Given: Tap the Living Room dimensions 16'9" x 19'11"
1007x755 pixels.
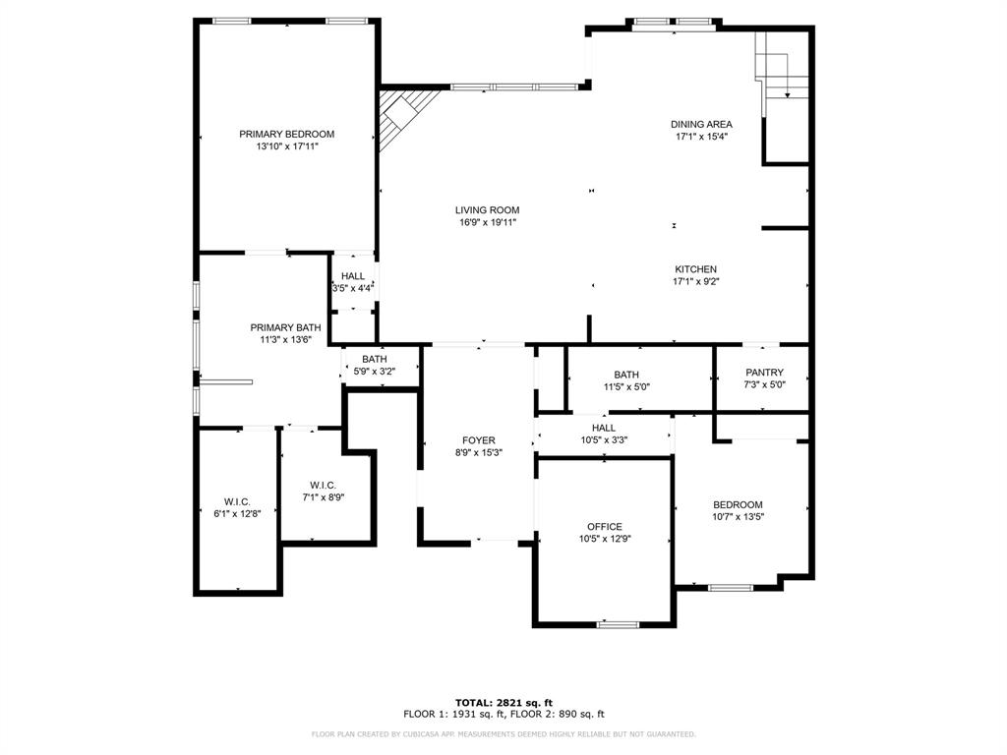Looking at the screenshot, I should [487, 223].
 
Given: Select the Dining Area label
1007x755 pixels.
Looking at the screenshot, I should [701, 124].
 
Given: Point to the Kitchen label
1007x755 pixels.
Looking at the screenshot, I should [695, 269].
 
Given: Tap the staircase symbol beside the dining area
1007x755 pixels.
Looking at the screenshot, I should [780, 69].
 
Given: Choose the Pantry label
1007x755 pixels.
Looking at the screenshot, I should [764, 373].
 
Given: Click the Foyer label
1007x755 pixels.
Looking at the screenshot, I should [479, 440].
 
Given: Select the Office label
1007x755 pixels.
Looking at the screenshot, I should [605, 527].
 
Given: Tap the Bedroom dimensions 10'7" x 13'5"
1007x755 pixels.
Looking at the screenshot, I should [738, 517].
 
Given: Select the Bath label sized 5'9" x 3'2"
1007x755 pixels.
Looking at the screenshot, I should [374, 359].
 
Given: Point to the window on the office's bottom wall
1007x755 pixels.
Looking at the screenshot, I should [618, 624].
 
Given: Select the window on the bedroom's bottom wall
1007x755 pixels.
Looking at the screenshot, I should [730, 588].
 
